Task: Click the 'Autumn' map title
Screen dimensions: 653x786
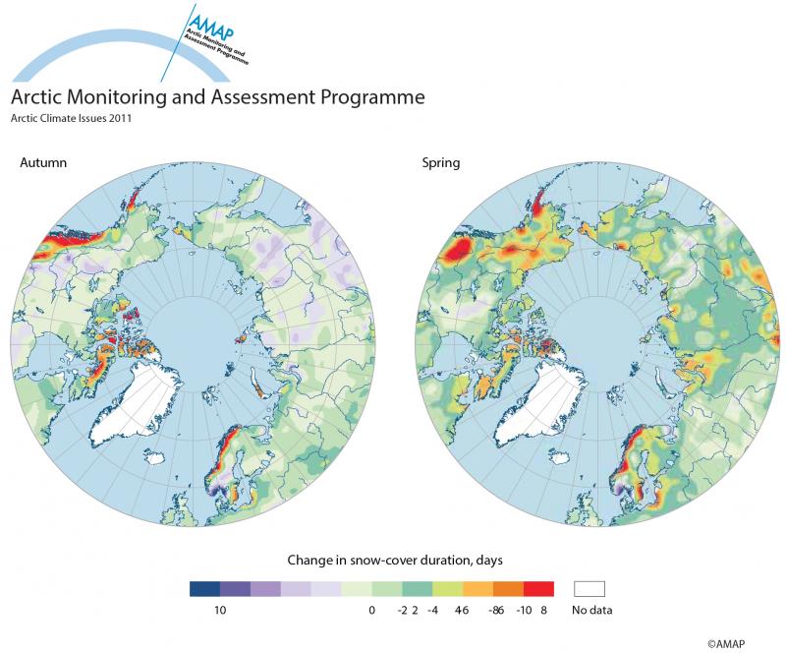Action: [x=43, y=162]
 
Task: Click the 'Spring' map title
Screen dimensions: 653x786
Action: [x=441, y=162]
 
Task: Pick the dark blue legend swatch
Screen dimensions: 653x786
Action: [x=204, y=589]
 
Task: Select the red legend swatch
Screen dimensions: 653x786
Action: [x=538, y=589]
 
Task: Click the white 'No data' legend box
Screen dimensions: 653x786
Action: [x=589, y=589]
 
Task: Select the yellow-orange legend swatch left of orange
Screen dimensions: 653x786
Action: [x=478, y=589]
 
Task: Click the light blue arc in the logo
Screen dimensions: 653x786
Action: [x=59, y=55]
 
